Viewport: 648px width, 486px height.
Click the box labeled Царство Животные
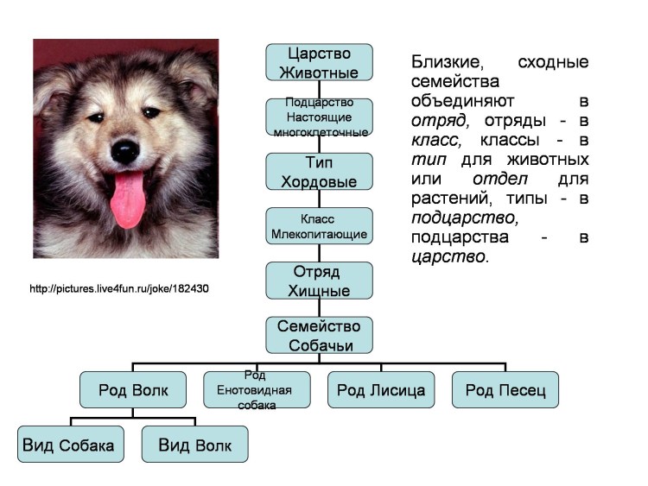pos(319,63)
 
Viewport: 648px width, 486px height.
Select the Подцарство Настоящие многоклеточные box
pos(319,117)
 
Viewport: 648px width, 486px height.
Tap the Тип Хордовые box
pos(319,172)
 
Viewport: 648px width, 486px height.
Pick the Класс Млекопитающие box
pos(319,226)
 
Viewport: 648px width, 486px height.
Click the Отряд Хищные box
pos(319,281)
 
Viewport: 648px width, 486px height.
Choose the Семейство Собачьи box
pos(319,335)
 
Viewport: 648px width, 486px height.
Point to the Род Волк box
pos(133,390)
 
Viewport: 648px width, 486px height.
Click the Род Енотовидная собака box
pos(257,390)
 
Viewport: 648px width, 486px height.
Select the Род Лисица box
pos(381,390)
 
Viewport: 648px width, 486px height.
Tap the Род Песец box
pos(505,390)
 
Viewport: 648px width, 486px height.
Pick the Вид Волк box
pos(194,445)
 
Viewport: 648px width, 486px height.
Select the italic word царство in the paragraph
pos(449,256)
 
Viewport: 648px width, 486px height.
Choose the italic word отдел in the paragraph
pos(500,179)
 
